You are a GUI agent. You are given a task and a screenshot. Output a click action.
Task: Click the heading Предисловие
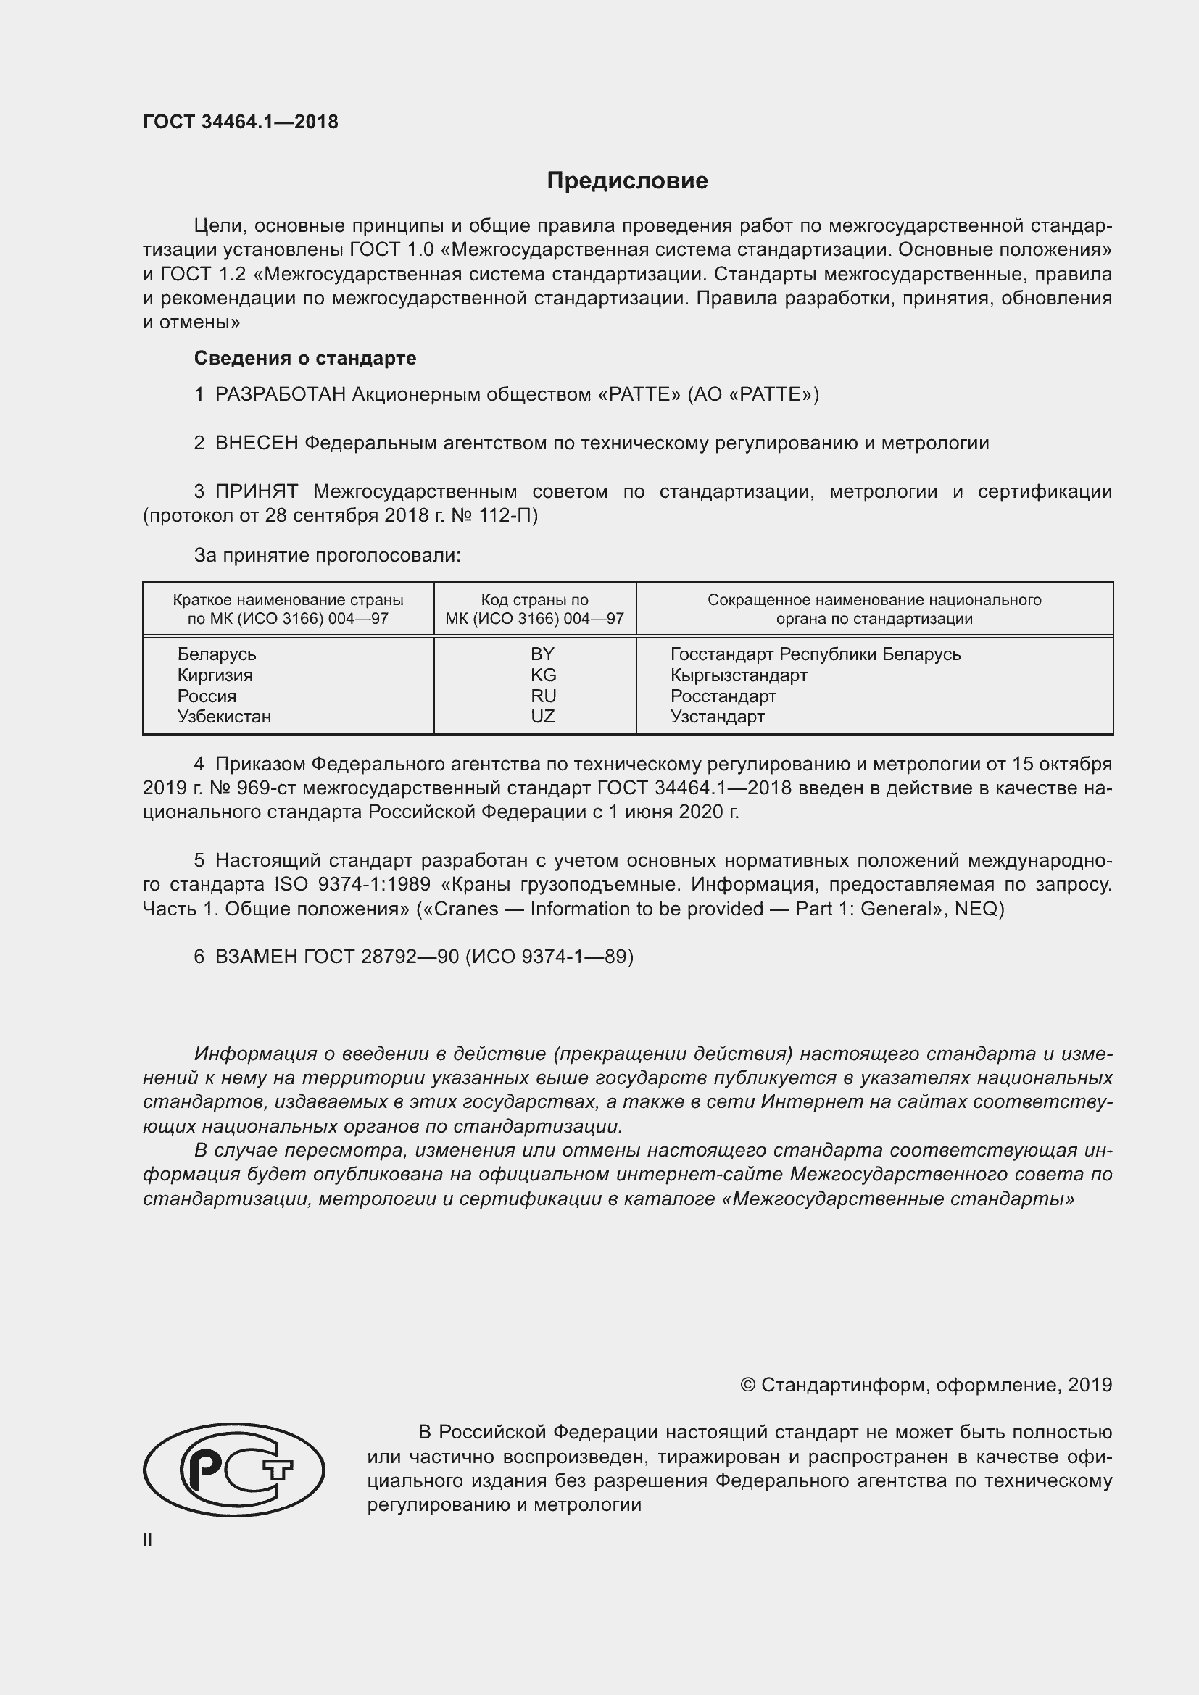627,181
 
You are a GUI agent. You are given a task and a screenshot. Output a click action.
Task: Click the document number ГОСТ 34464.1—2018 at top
241,122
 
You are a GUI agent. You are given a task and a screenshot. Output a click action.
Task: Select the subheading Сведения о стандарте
305,358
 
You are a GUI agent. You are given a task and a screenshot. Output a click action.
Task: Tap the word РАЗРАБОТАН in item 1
280,395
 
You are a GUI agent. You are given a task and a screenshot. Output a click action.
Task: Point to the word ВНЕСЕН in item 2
256,443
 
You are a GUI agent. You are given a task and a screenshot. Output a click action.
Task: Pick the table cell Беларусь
216,654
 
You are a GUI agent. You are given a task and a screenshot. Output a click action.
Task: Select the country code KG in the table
543,675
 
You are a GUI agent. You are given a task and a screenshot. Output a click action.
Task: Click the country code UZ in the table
543,716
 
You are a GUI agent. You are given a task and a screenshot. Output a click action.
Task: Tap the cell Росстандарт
723,696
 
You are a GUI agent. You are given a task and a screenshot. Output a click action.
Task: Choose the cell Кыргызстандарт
738,675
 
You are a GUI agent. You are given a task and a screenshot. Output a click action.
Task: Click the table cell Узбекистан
224,716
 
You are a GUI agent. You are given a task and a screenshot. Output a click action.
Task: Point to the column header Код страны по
534,600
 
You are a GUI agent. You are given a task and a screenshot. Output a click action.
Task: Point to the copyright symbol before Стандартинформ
747,1385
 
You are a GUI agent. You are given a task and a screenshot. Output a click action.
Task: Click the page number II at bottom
148,1539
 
